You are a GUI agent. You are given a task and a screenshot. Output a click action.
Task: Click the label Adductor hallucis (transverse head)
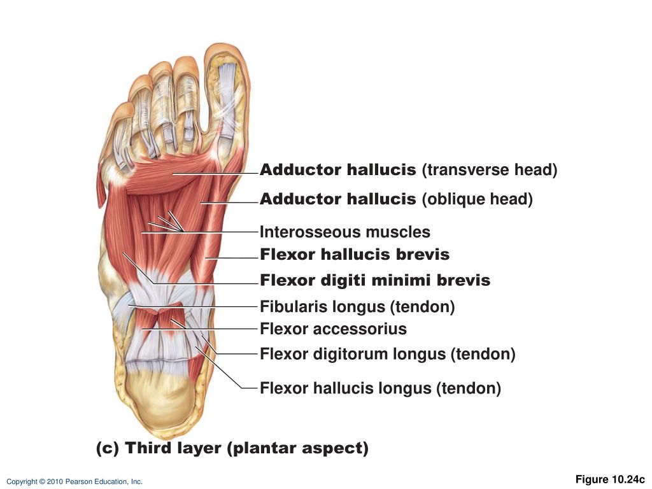click(408, 171)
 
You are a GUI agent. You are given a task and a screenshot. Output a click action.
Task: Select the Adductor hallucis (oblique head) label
click(396, 199)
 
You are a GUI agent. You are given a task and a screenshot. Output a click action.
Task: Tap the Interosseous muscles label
click(345, 232)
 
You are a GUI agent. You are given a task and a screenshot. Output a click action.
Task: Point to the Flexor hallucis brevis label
click(355, 255)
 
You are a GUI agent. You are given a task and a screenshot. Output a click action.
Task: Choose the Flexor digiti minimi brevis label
click(375, 280)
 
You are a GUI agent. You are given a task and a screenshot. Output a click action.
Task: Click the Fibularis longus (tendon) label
click(357, 307)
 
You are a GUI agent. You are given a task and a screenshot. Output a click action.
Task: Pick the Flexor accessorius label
click(333, 329)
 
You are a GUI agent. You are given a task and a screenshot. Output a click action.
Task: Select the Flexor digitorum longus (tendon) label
click(387, 354)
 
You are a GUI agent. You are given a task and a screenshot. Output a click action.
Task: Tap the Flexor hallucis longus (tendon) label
click(380, 388)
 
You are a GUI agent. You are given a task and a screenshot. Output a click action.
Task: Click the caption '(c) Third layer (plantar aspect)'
click(232, 448)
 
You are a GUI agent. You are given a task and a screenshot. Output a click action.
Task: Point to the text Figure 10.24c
click(610, 479)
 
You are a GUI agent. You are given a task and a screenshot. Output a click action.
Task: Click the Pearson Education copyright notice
click(74, 482)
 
